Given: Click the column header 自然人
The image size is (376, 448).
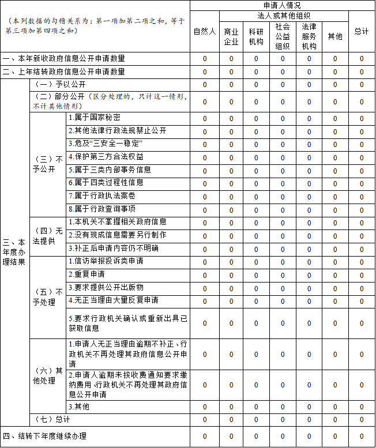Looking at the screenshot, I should pyautogui.click(x=204, y=32).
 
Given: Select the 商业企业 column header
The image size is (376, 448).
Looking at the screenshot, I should pyautogui.click(x=231, y=36).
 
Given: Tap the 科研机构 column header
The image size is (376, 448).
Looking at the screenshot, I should pyautogui.click(x=256, y=36).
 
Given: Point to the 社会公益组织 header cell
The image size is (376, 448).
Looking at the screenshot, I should pyautogui.click(x=283, y=36).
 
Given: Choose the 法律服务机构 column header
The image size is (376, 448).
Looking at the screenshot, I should pyautogui.click(x=309, y=36).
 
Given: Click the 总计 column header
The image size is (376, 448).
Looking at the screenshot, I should pyautogui.click(x=362, y=32).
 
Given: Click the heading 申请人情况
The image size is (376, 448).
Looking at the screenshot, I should pyautogui.click(x=283, y=5).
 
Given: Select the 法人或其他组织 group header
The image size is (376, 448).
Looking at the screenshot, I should pyautogui.click(x=283, y=16).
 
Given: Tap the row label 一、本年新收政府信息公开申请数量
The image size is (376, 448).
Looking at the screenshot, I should pyautogui.click(x=63, y=58).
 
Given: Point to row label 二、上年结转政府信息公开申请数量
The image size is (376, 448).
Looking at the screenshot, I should pyautogui.click(x=63, y=72).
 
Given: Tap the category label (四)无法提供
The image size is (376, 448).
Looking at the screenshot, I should pyautogui.click(x=48, y=235).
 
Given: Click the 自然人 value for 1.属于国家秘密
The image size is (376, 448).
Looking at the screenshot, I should pyautogui.click(x=204, y=118).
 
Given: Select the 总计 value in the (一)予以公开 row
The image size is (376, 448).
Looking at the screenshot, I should pyautogui.click(x=362, y=85).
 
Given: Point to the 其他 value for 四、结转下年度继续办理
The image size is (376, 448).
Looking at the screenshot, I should pyautogui.click(x=335, y=436).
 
